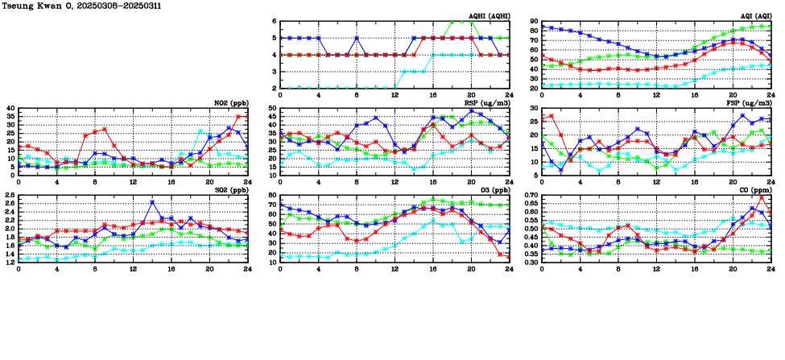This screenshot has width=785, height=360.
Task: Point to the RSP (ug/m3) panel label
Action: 487,103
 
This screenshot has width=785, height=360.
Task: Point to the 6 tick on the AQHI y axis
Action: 275,22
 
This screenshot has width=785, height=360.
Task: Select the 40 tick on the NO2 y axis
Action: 10,108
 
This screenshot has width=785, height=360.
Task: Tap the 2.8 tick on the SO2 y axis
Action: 9,196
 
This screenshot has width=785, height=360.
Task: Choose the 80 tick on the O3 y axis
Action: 272,196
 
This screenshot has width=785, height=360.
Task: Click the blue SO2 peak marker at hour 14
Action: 152,202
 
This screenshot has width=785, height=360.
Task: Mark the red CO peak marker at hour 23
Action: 762,197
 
